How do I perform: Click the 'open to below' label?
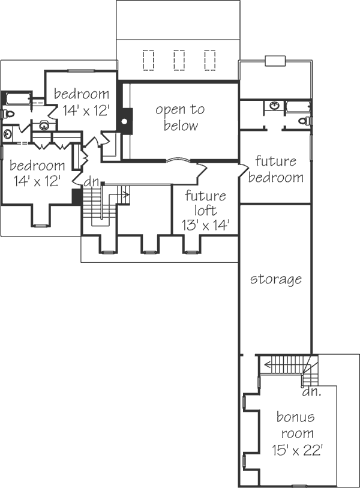[x=180, y=118]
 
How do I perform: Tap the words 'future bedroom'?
[x=275, y=169]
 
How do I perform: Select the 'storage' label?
[x=275, y=279]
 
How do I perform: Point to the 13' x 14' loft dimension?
[x=205, y=225]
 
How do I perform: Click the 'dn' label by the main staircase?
[x=91, y=181]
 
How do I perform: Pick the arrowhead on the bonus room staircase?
[x=267, y=363]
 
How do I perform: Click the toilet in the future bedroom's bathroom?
[x=305, y=121]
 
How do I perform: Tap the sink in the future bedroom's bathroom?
[x=274, y=107]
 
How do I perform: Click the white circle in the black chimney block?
[x=124, y=121]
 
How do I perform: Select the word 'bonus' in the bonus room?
[x=295, y=417]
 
